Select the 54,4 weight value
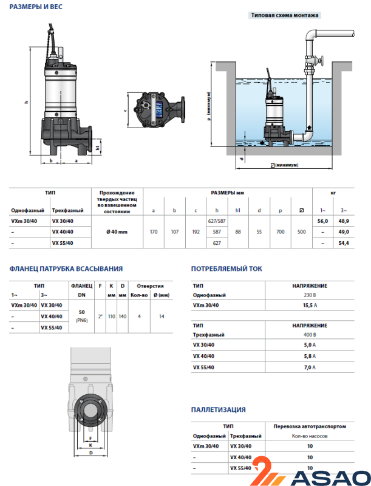click(x=344, y=243)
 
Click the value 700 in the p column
click(x=280, y=232)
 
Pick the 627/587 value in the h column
click(x=217, y=221)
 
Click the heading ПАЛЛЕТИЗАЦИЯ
click(x=219, y=410)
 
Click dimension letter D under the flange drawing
click(x=90, y=453)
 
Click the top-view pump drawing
click(x=157, y=109)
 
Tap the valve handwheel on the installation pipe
click(x=323, y=61)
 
